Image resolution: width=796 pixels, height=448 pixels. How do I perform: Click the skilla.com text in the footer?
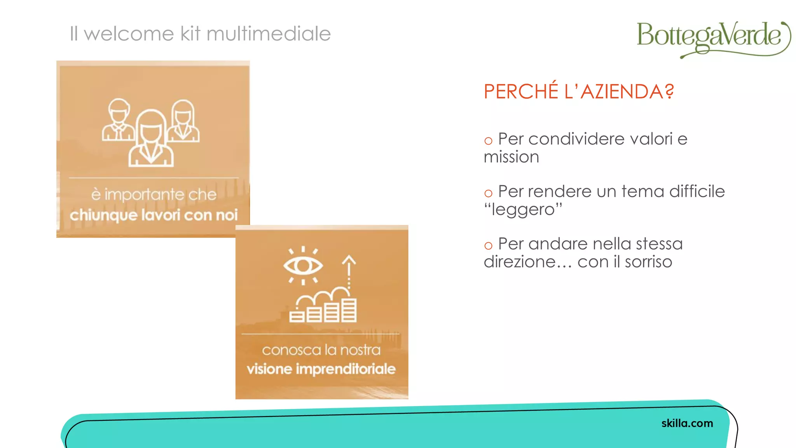tap(687, 423)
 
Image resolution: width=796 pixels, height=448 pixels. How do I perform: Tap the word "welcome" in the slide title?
tap(129, 33)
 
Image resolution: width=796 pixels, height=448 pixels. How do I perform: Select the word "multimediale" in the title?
tap(269, 33)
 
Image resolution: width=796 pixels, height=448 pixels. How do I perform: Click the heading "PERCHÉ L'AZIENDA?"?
tap(578, 92)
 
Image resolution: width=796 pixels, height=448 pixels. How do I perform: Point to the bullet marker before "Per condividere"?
tap(488, 141)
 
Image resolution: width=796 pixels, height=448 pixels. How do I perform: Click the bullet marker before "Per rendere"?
tap(488, 193)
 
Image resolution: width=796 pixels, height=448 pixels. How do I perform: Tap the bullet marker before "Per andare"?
tap(488, 246)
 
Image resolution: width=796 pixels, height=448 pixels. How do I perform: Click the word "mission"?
tap(511, 157)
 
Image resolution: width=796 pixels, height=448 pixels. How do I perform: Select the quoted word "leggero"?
tap(523, 210)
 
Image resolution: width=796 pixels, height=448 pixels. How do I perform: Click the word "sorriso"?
tap(648, 262)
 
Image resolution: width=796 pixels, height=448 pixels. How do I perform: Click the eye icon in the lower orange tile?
tap(303, 266)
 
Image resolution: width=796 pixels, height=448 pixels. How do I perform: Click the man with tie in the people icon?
tap(118, 121)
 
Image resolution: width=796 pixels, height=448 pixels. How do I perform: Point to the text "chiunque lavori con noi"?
tap(154, 215)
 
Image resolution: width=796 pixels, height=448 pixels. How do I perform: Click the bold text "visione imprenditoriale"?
tap(321, 369)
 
